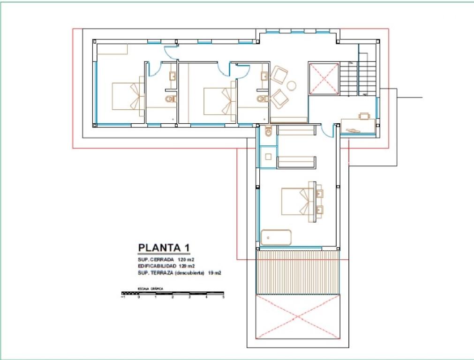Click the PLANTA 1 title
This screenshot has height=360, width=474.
click(164, 247)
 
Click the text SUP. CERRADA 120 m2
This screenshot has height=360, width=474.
click(166, 259)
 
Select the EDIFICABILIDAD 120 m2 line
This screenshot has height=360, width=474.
click(166, 266)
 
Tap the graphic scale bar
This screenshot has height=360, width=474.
click(173, 293)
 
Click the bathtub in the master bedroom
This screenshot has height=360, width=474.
click(276, 237)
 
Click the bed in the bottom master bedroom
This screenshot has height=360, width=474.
click(298, 202)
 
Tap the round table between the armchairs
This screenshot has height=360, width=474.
click(292, 85)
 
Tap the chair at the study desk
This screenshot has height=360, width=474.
click(364, 115)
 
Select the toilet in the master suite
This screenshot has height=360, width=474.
click(268, 132)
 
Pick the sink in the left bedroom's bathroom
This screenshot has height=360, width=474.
click(173, 76)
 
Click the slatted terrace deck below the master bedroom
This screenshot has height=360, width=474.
click(297, 272)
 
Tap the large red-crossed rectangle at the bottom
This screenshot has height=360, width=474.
click(297, 316)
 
